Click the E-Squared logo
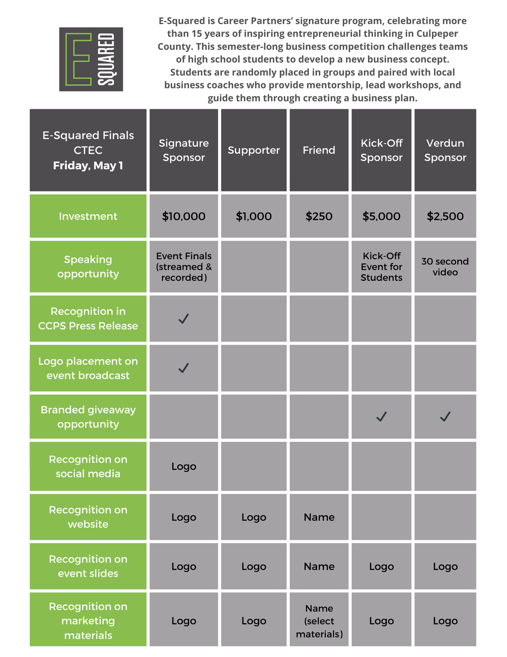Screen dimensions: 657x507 [91, 59]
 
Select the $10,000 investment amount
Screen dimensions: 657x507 [184, 216]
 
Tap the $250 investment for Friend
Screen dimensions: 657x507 [319, 216]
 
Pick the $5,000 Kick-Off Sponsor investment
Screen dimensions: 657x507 [381, 216]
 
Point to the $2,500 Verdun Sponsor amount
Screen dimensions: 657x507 [445, 216]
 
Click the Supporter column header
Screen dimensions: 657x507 [254, 150]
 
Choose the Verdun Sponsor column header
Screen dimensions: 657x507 [445, 150]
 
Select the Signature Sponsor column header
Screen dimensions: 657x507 [184, 150]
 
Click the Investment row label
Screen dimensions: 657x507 [88, 216]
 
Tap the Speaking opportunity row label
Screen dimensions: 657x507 [88, 266]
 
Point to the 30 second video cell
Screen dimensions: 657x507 [445, 266]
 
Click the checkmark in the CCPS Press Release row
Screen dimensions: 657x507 [184, 319]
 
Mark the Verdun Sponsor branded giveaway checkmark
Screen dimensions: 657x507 [445, 416]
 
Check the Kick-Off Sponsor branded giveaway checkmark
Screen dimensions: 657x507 [381, 416]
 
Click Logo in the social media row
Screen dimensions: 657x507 [184, 466]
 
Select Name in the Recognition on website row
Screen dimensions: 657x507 [319, 517]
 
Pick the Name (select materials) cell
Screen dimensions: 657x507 [319, 621]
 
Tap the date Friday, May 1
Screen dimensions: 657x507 [88, 165]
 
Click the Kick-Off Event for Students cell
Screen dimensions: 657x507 [381, 266]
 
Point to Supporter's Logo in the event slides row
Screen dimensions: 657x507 [254, 566]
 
